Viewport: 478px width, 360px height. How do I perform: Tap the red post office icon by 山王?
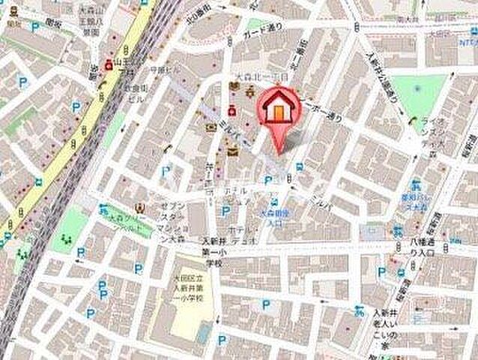tap(110, 64)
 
